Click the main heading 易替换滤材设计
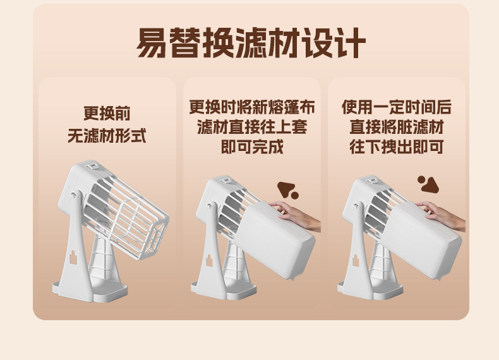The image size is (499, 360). (251, 43)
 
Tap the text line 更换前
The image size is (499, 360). (107, 113)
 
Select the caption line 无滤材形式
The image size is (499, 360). (107, 136)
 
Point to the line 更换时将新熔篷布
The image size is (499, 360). (252, 107)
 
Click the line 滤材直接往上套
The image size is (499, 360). (252, 127)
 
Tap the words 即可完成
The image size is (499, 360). (252, 147)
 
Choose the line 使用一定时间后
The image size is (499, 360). (397, 107)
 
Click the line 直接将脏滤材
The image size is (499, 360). (397, 127)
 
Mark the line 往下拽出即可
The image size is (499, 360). (397, 147)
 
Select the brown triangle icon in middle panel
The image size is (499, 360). (286, 189)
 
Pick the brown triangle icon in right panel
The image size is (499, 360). (430, 185)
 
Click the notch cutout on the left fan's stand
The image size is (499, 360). (73, 257)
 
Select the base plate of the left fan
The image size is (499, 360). (90, 291)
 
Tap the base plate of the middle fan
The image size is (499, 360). (224, 291)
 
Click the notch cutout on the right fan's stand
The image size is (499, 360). (355, 260)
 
